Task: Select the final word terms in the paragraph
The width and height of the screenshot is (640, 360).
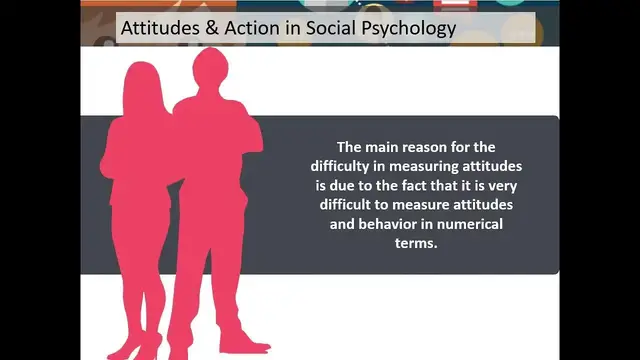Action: (417, 243)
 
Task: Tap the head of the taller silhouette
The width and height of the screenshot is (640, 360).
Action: (210, 68)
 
